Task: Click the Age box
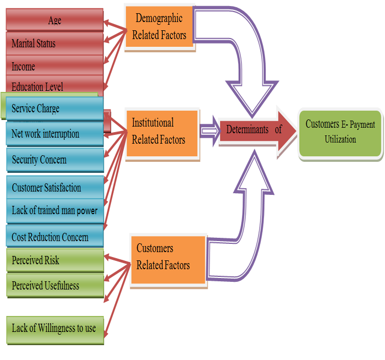[54, 20]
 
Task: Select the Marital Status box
[54, 43]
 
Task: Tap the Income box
[54, 67]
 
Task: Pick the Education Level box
[54, 86]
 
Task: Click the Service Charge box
[55, 108]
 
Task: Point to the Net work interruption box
[55, 134]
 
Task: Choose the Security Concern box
[55, 160]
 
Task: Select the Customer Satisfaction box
[55, 188]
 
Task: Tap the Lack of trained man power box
[55, 211]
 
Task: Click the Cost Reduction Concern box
[55, 237]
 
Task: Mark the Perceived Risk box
[55, 260]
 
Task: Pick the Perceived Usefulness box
[55, 285]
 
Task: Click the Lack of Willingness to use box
[55, 329]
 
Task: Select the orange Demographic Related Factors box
[159, 27]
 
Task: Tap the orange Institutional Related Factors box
[162, 132]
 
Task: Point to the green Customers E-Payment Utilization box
[340, 132]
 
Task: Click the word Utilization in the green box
[340, 140]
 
